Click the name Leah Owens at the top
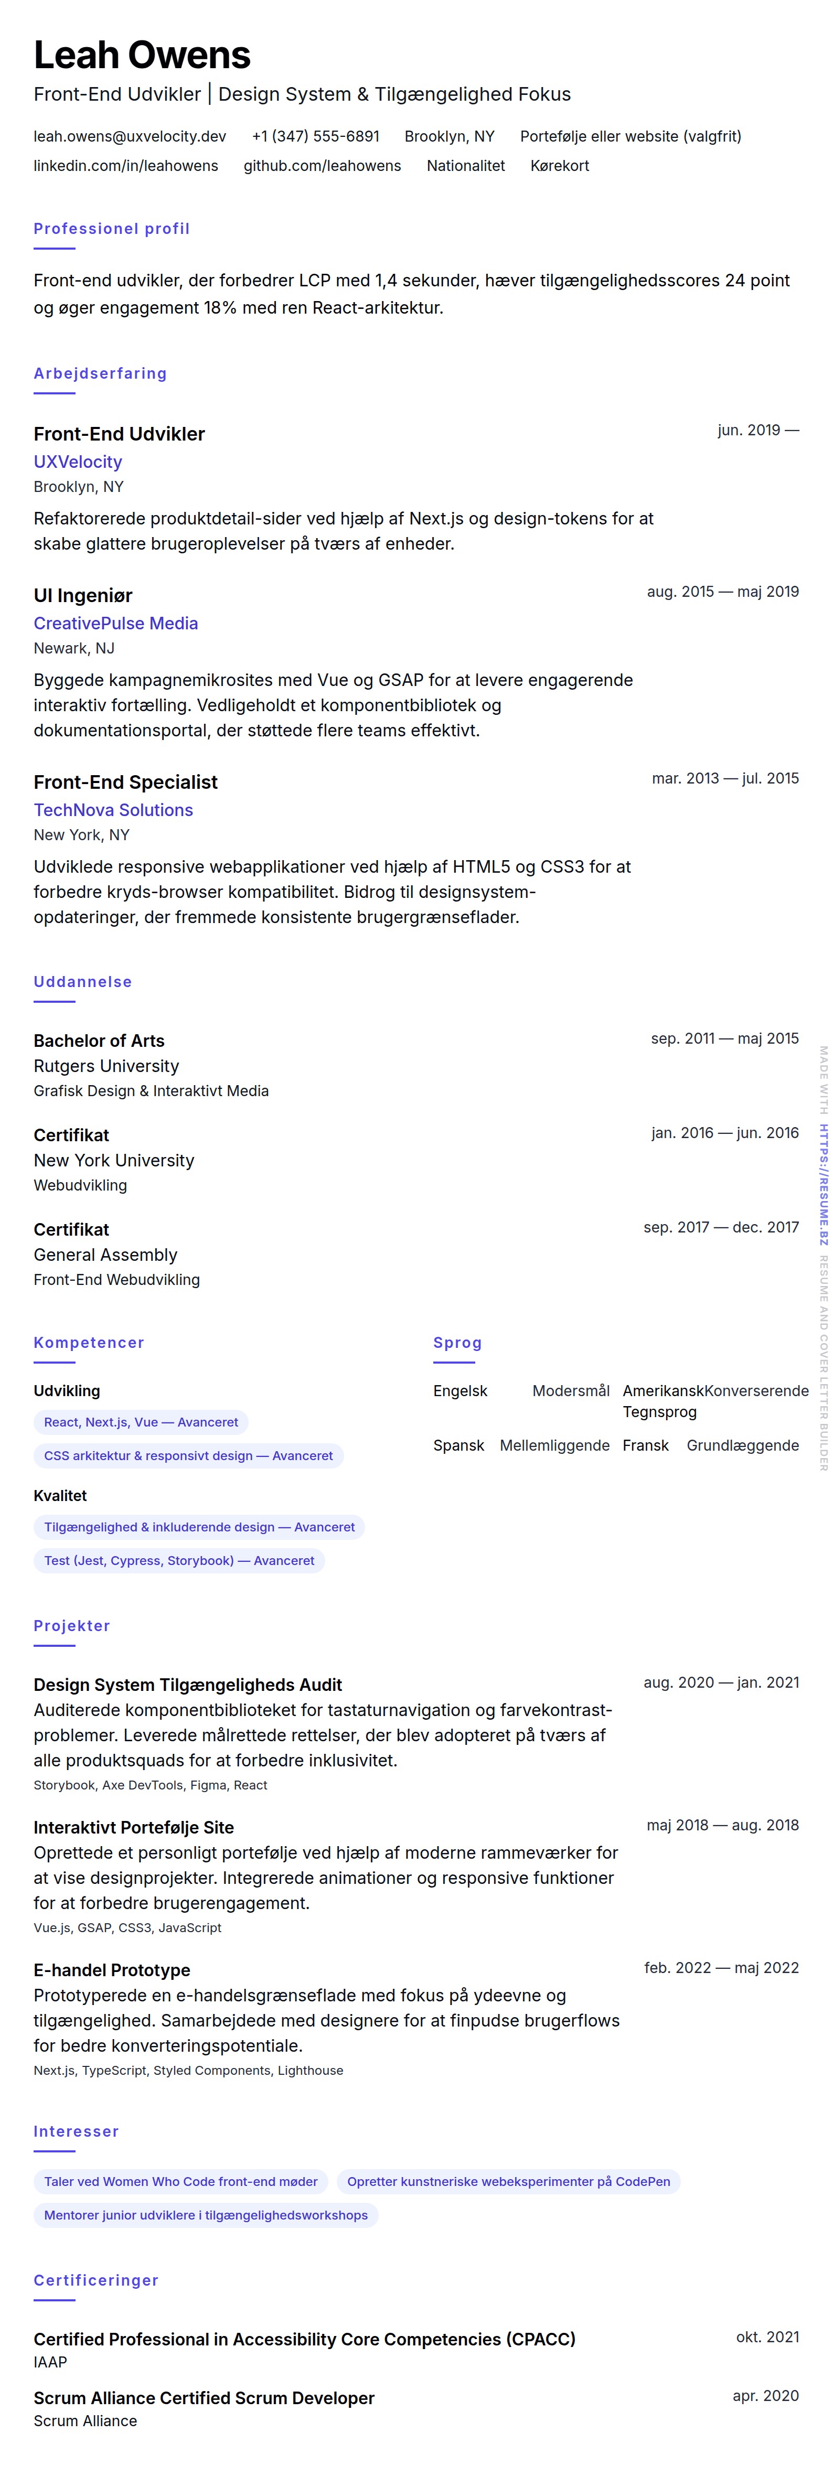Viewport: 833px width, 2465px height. point(142,56)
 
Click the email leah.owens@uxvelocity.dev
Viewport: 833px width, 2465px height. point(129,136)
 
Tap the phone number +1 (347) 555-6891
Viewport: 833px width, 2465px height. point(315,136)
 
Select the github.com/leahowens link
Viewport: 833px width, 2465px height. point(322,166)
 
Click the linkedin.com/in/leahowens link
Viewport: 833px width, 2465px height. point(125,166)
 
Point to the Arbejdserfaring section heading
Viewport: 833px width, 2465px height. point(100,373)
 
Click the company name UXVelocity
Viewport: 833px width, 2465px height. point(78,461)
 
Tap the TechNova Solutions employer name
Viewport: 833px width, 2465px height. point(113,810)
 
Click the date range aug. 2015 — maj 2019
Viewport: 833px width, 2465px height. point(722,592)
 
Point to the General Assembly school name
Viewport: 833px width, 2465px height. point(105,1255)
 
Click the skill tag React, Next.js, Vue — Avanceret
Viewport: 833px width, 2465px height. point(141,1422)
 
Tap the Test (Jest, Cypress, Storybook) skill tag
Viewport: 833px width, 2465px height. point(179,1561)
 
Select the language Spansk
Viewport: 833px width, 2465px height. point(458,1445)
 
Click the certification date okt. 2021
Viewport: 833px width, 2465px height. point(767,2337)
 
